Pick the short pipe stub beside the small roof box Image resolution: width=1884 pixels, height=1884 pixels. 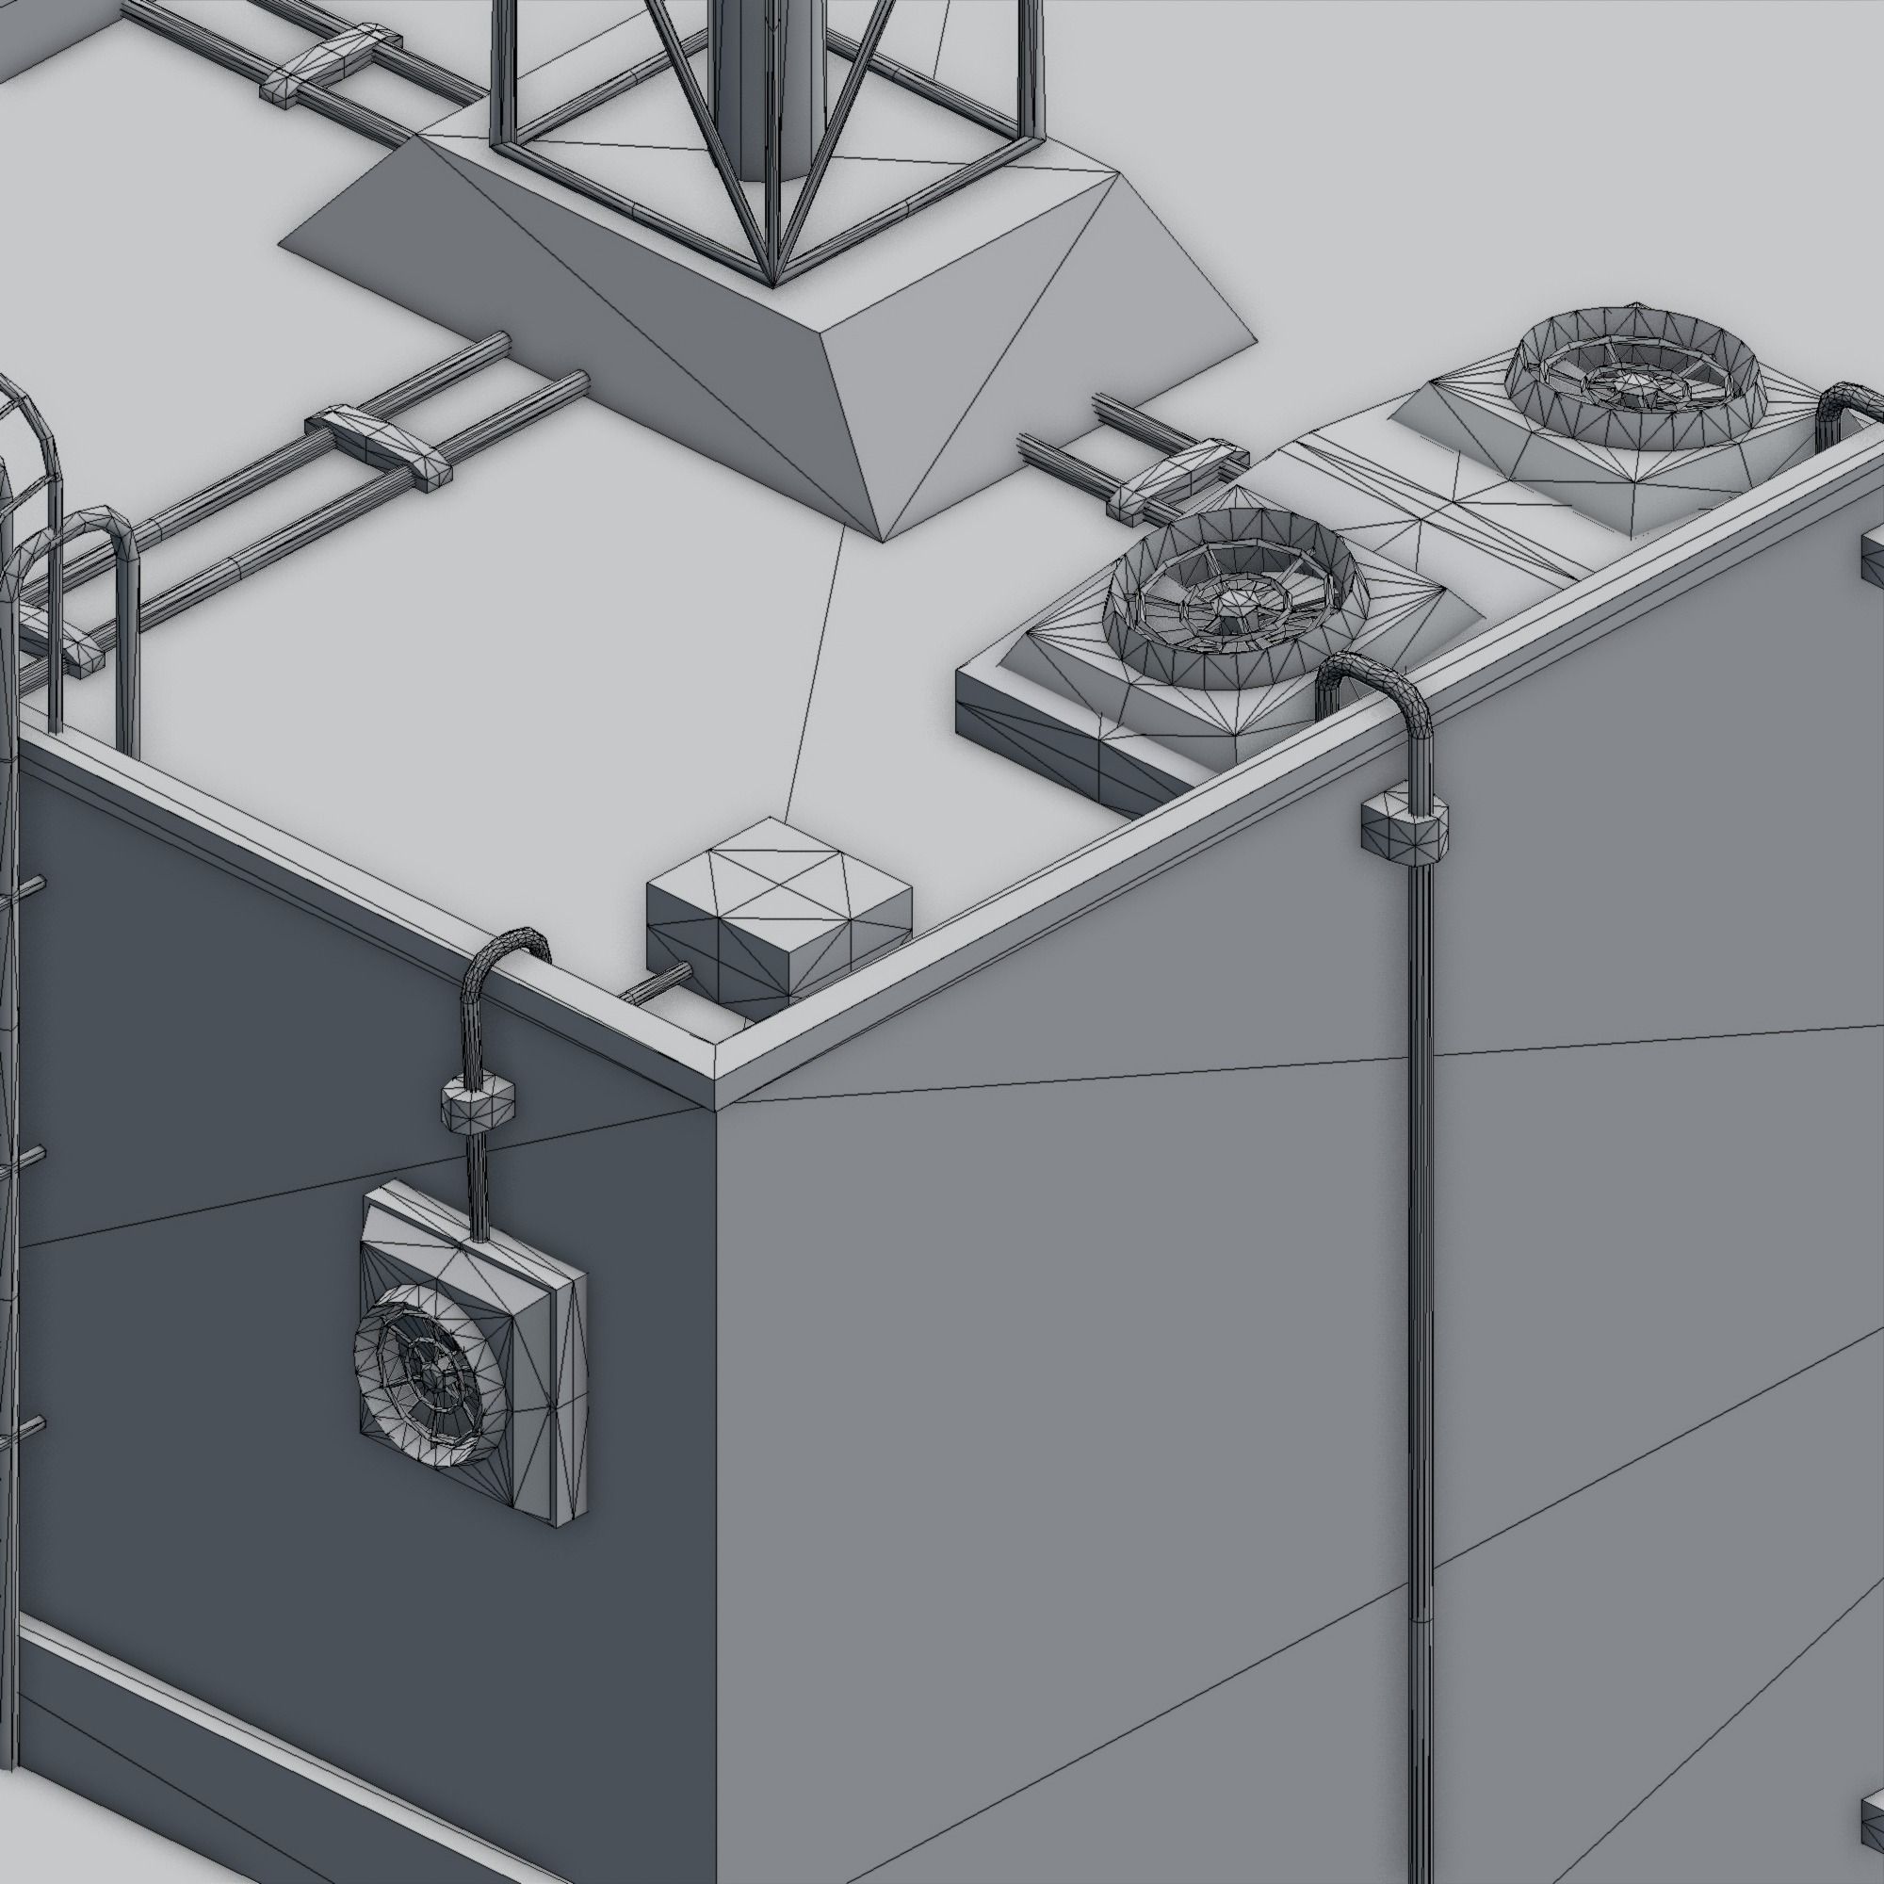(x=656, y=985)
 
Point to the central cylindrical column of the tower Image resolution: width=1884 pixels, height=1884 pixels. (x=771, y=88)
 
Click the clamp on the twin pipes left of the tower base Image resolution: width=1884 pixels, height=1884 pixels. (x=379, y=445)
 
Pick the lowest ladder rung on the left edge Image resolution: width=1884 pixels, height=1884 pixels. (x=24, y=1431)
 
